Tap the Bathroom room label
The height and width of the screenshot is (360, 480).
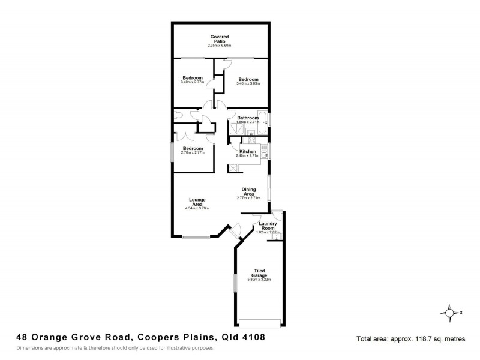(248, 118)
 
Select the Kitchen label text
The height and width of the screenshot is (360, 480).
(248, 152)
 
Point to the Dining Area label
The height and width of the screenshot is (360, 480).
(248, 191)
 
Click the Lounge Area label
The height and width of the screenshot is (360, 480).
(197, 202)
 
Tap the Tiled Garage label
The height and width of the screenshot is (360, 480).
(260, 273)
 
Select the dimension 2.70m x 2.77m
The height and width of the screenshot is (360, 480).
(193, 152)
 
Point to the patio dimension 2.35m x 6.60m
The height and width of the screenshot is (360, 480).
(219, 46)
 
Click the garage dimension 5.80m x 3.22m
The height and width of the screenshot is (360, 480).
(260, 280)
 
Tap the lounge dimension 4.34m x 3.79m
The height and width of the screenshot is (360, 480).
(197, 208)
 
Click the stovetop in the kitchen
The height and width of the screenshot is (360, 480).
(250, 142)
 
